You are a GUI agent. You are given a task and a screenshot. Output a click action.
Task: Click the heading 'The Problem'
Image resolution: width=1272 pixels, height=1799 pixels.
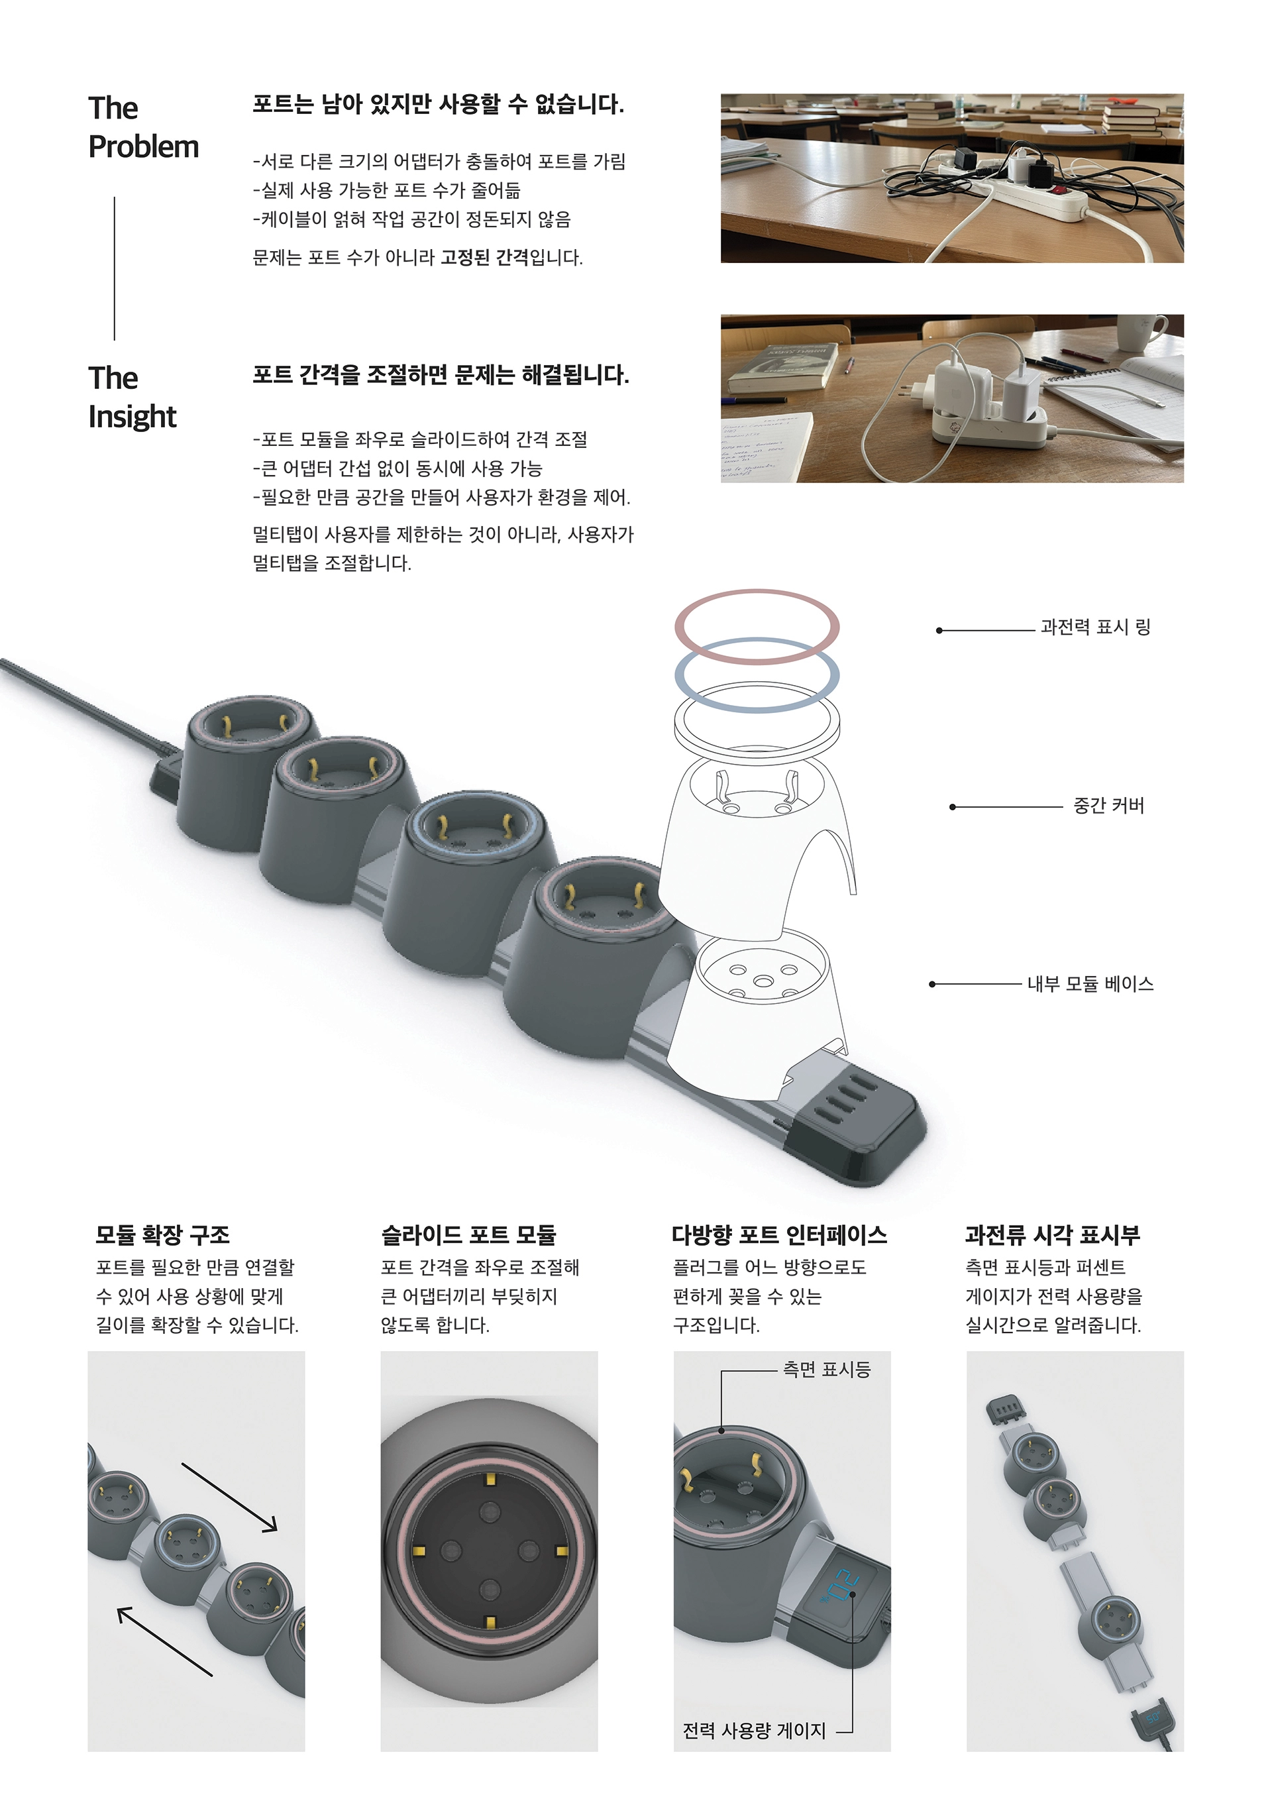click(x=142, y=127)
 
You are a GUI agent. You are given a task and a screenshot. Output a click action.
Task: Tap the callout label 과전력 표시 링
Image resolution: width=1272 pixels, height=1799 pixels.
click(x=1094, y=627)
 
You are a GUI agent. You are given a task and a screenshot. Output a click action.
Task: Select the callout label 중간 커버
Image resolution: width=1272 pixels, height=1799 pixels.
click(x=1108, y=806)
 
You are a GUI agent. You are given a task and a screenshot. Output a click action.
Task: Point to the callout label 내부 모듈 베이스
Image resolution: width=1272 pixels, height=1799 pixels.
click(x=1090, y=984)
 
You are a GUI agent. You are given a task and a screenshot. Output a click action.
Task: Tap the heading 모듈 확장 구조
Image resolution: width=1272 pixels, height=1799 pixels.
click(x=162, y=1236)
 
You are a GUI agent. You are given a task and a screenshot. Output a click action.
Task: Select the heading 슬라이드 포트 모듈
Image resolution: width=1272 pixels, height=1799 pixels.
click(x=468, y=1236)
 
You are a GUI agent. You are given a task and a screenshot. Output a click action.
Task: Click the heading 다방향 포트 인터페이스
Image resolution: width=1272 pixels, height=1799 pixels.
click(x=778, y=1236)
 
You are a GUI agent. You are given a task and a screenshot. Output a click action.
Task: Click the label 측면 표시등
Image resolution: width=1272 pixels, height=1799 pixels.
click(x=826, y=1370)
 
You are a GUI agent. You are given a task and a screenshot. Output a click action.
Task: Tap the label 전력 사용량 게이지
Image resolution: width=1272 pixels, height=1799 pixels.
click(x=753, y=1731)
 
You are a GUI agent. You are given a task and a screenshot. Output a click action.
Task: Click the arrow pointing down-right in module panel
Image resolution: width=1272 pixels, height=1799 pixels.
click(x=229, y=1498)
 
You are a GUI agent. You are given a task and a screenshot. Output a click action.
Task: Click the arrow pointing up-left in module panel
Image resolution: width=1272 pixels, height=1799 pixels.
click(x=164, y=1641)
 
